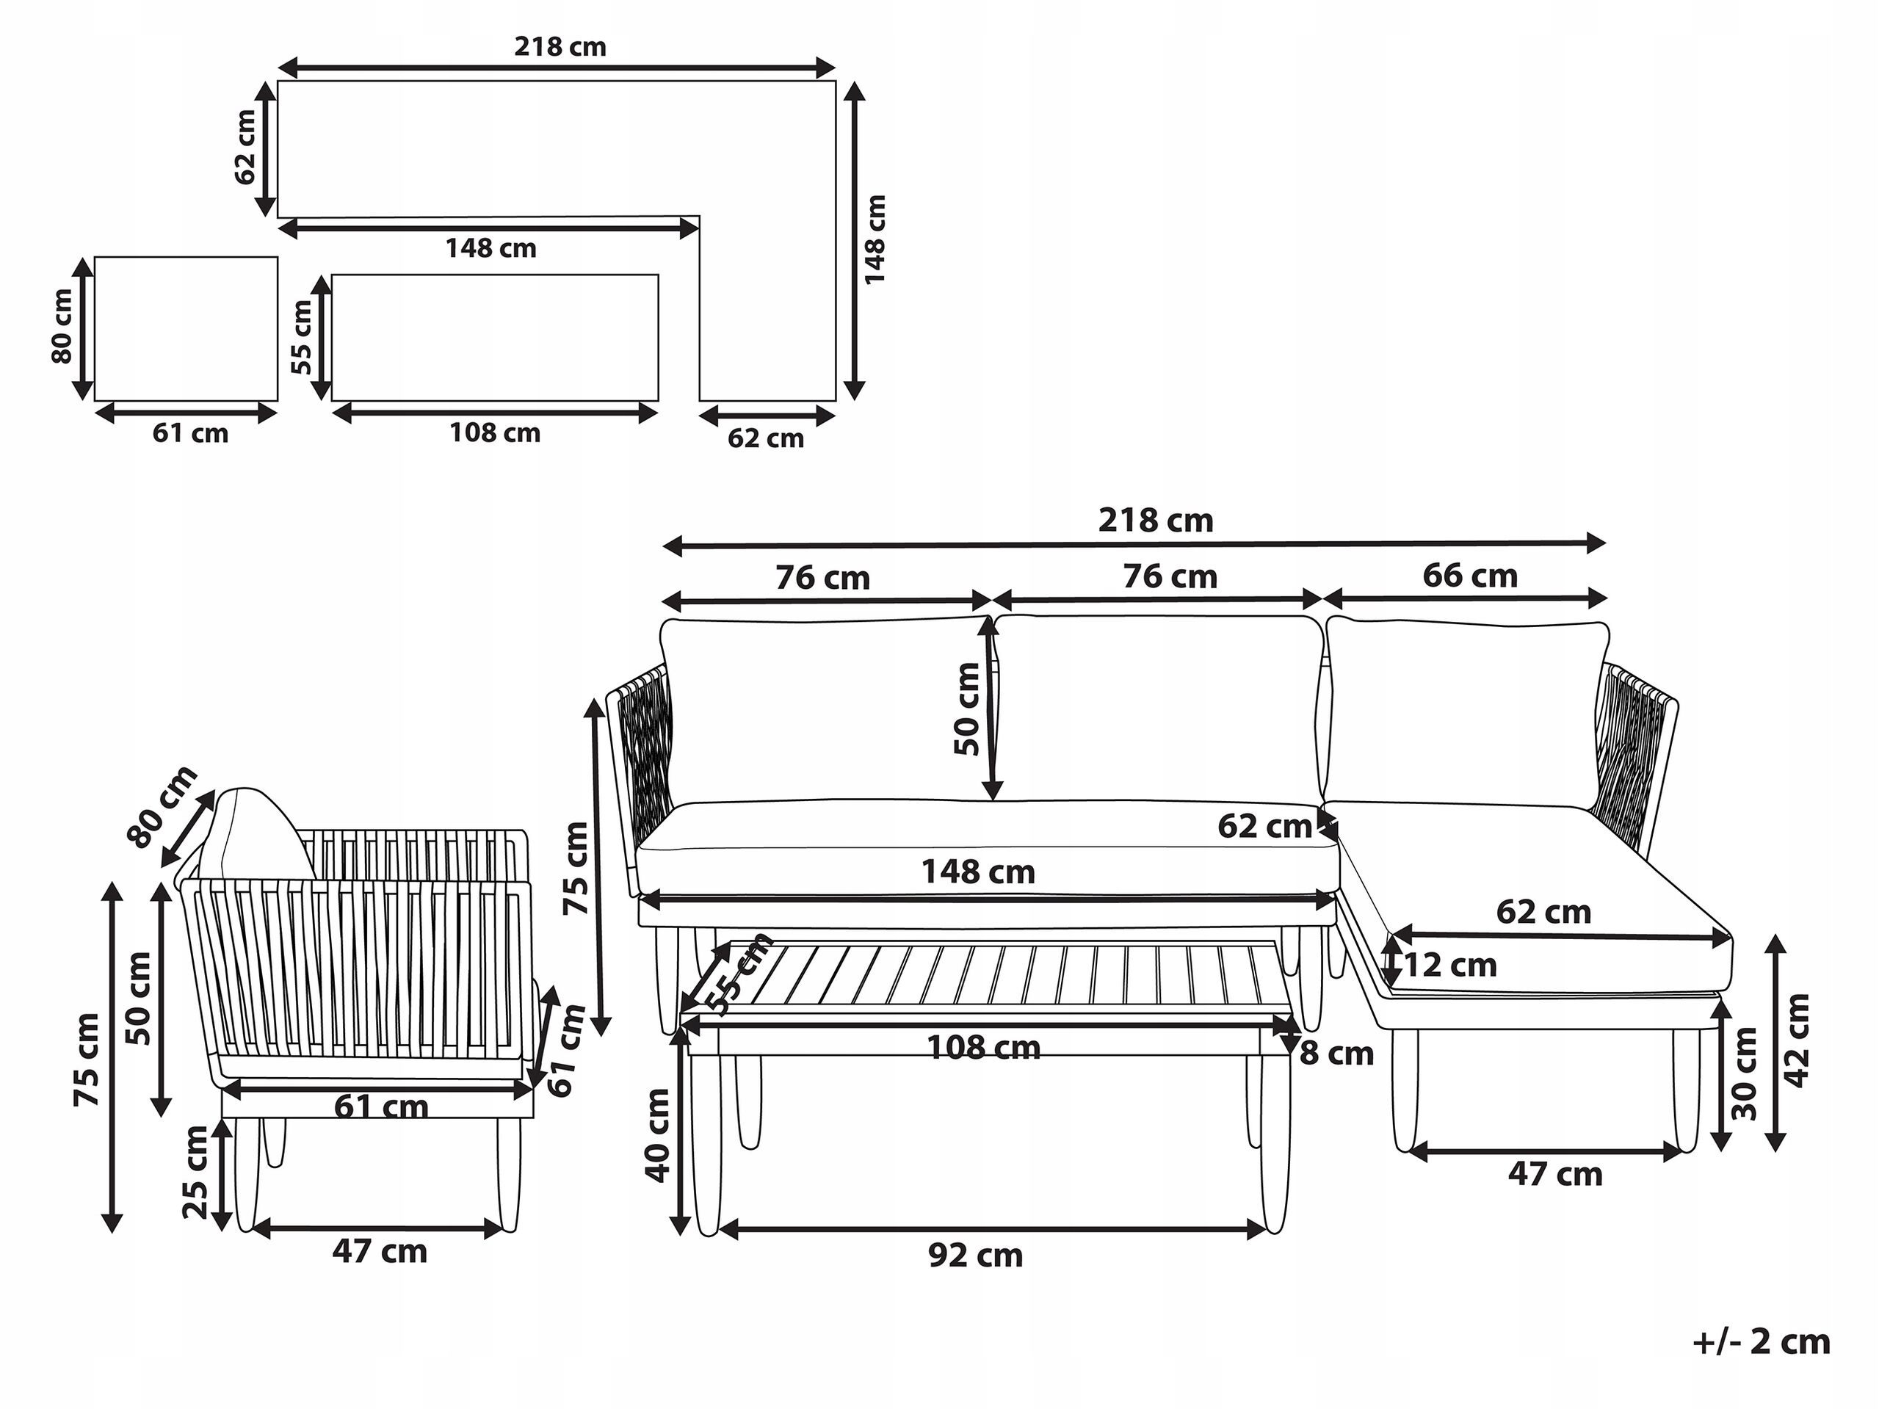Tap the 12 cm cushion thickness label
tap(1451, 966)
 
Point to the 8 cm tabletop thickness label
tap(1337, 1054)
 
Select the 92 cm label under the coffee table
tap(975, 1256)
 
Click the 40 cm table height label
tap(659, 1136)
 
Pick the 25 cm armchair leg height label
tap(195, 1172)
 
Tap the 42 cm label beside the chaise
tap(1797, 1040)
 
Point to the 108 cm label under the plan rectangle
tap(494, 433)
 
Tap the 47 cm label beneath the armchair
tap(379, 1252)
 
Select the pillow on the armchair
tap(255, 836)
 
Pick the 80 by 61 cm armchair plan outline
tap(186, 329)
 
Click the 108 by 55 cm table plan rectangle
tap(495, 337)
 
